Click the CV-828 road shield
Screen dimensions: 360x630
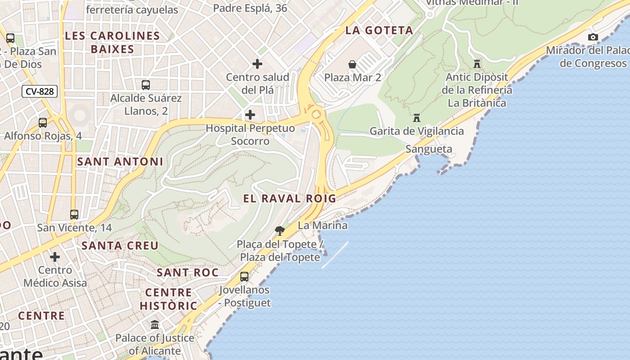coord(40,91)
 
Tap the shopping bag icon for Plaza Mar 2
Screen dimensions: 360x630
coord(352,64)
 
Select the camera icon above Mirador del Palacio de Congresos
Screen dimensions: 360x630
coord(593,37)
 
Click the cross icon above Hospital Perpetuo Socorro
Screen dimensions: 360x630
coord(250,115)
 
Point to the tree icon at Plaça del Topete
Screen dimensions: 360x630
coord(280,231)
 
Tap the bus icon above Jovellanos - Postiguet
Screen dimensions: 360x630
coord(244,277)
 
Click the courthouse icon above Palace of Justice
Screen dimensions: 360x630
coord(155,324)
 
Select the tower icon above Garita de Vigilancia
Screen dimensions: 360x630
coord(417,118)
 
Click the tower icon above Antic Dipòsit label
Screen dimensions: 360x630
coord(477,64)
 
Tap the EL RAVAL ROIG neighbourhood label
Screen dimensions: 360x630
coord(290,198)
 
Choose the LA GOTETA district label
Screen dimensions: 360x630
coord(379,31)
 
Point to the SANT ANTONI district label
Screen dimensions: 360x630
coord(120,162)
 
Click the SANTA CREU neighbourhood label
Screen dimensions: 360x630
coord(120,246)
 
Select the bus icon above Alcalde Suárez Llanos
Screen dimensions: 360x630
coord(146,85)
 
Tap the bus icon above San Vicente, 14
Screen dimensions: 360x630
coord(74,215)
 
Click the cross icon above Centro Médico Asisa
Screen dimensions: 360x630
coord(55,257)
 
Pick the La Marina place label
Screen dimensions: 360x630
coord(323,225)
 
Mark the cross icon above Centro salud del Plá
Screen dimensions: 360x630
coord(257,64)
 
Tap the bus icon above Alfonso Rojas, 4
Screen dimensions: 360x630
coord(43,122)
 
